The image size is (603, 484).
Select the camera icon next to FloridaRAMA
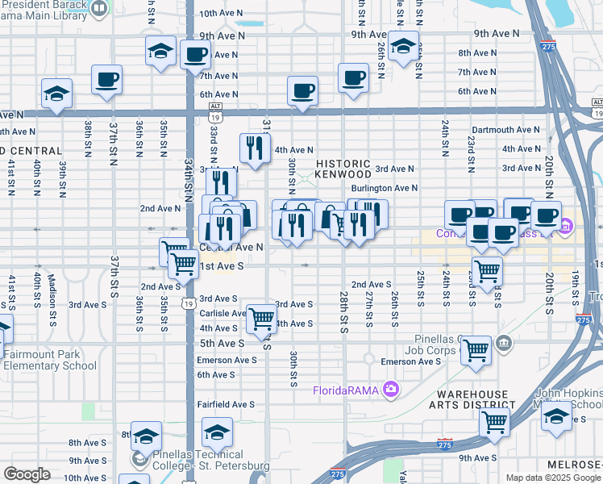tap(391, 390)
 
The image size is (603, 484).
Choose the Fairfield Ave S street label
tap(226, 404)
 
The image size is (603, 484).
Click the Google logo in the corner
tap(27, 474)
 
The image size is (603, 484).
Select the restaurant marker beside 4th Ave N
tap(252, 148)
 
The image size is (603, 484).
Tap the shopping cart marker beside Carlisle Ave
tap(261, 319)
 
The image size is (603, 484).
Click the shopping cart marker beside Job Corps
tap(476, 351)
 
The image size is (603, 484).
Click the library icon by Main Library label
tap(98, 9)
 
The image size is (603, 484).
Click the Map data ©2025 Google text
tap(551, 478)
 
